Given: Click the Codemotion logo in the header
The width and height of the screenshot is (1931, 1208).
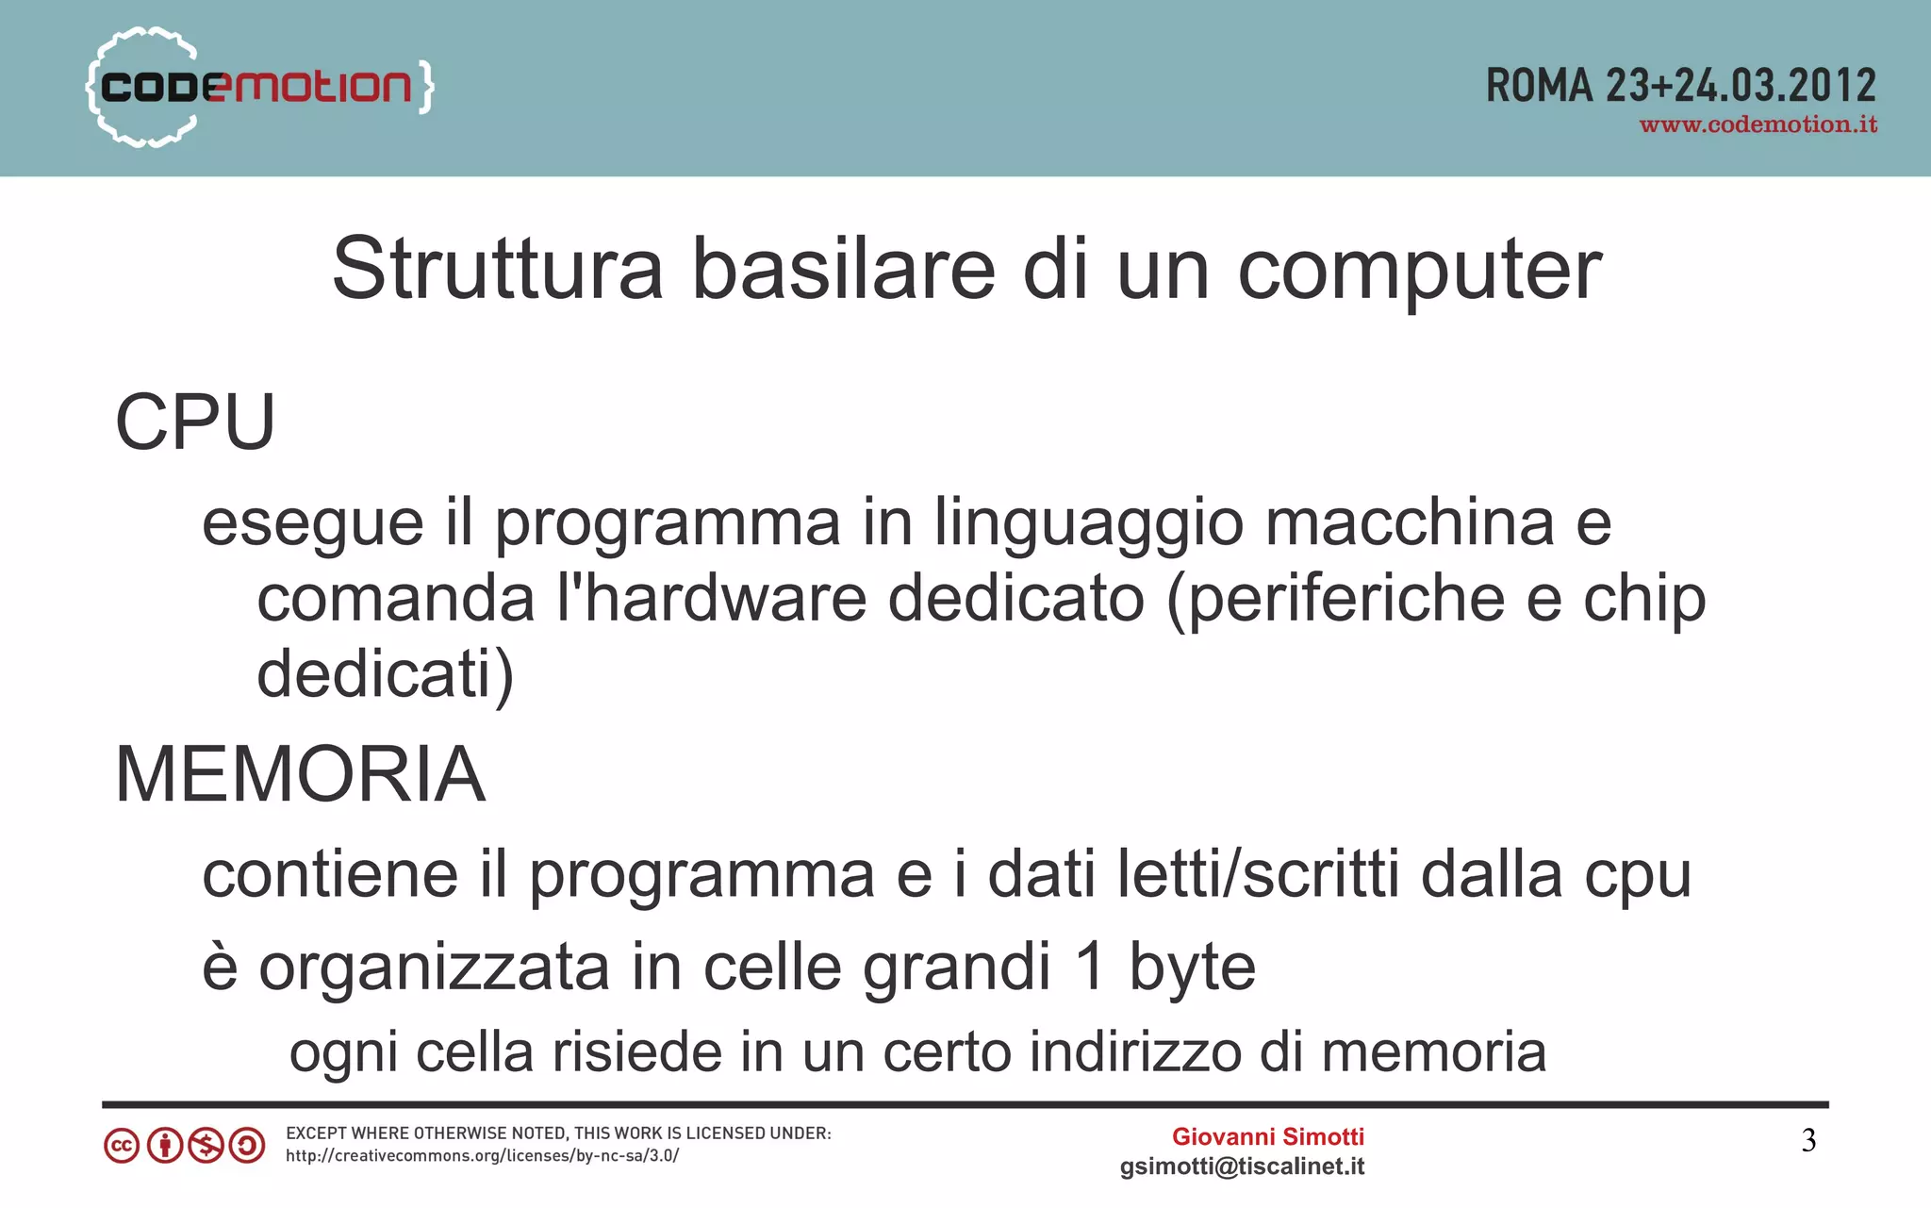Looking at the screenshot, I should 259,87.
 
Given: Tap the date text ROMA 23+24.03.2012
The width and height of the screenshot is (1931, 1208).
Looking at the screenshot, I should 1680,86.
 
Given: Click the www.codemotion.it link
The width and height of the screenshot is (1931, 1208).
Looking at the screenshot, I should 1758,125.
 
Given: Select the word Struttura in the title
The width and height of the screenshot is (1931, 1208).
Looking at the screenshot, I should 497,270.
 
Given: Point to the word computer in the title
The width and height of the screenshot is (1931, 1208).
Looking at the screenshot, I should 1419,272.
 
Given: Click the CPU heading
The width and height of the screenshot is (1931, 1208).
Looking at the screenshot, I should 195,422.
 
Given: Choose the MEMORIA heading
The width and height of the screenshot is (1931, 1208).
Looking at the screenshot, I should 300,774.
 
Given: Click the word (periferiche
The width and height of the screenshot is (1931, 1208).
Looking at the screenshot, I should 1335,601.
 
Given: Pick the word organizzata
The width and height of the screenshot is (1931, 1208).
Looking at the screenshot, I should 435,968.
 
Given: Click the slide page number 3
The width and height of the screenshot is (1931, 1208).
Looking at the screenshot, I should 1808,1141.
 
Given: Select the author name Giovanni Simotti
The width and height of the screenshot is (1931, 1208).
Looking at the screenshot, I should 1267,1136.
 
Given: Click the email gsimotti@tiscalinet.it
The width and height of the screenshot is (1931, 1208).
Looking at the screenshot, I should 1242,1167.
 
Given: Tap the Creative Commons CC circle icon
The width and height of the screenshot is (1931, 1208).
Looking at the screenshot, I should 122,1146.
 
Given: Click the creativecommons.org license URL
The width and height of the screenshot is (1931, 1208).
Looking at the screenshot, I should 482,1156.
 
